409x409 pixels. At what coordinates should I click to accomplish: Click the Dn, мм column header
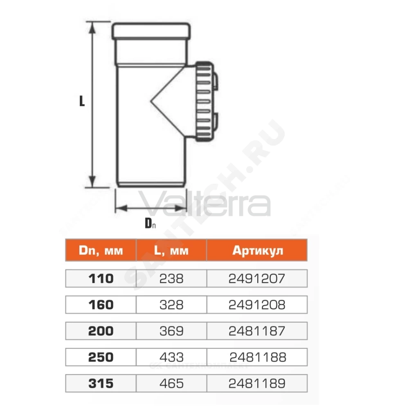coord(101,250)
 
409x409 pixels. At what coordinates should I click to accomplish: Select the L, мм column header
coord(171,250)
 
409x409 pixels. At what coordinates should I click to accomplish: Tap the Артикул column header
coord(257,251)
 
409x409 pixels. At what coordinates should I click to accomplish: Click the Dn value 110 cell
coord(101,279)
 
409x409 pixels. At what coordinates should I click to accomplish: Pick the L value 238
coord(171,279)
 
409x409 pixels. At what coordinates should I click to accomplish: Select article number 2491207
coord(257,279)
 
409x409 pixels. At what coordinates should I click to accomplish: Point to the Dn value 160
coord(101,305)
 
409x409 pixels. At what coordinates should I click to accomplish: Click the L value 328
coord(171,305)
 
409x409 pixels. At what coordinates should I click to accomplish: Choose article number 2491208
coord(257,305)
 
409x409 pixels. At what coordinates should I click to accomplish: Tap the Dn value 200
coord(101,331)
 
